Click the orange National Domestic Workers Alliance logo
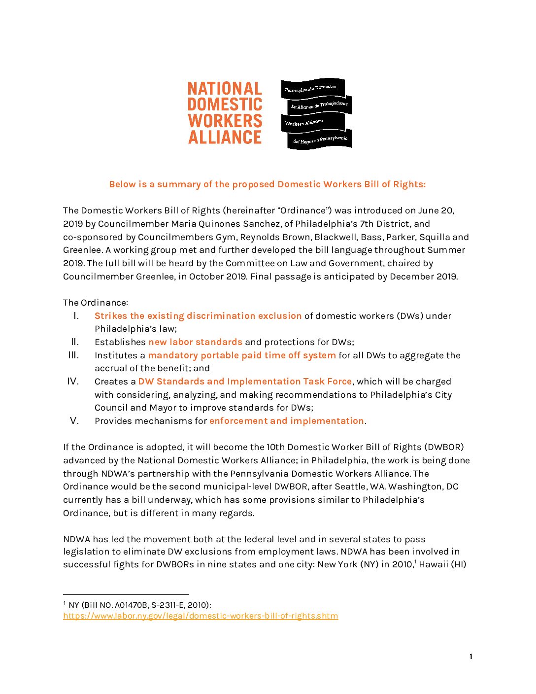pyautogui.click(x=225, y=113)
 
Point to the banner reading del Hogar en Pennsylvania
pyautogui.click(x=320, y=140)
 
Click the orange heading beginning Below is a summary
pyautogui.click(x=267, y=184)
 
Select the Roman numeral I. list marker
pyautogui.click(x=76, y=315)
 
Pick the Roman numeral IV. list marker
pyautogui.click(x=73, y=381)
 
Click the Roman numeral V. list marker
pyautogui.click(x=74, y=420)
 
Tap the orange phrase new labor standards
pyautogui.click(x=195, y=342)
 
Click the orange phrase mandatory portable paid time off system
pyautogui.click(x=242, y=355)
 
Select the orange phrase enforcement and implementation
pyautogui.click(x=286, y=421)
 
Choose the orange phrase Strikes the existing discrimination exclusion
pyautogui.click(x=198, y=316)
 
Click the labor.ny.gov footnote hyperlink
pyautogui.click(x=201, y=616)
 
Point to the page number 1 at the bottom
pyautogui.click(x=471, y=657)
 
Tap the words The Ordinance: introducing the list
pyautogui.click(x=96, y=303)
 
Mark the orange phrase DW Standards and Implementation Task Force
pyautogui.click(x=245, y=382)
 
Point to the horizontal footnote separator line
pyautogui.click(x=126, y=594)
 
